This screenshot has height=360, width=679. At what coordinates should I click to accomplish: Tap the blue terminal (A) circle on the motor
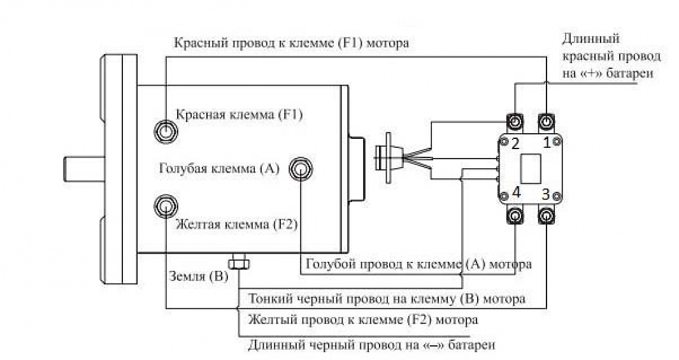coord(301,169)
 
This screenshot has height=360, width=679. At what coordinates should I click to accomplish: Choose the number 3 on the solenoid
coord(546,193)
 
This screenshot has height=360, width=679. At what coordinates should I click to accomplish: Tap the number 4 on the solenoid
coord(517,193)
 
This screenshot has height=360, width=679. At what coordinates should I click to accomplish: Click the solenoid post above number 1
coord(547,120)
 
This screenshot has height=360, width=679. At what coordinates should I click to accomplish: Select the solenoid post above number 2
coord(515,120)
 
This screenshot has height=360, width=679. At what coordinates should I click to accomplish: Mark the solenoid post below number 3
coord(547,217)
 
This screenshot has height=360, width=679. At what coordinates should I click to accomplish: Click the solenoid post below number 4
coord(515,217)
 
